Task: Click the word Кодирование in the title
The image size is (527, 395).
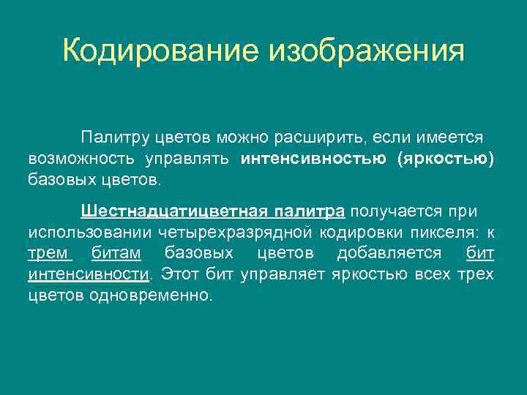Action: click(x=161, y=51)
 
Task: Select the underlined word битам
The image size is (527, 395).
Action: click(x=117, y=254)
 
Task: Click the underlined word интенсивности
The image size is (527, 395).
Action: click(x=88, y=275)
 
